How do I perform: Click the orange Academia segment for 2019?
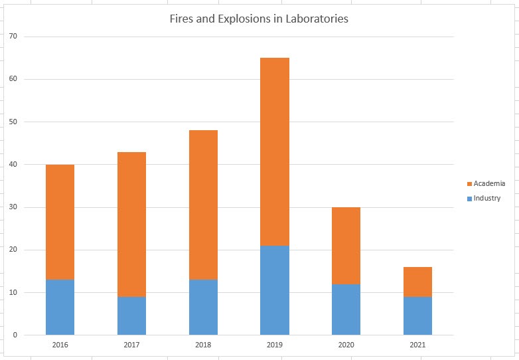click(275, 151)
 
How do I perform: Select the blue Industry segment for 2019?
click(275, 290)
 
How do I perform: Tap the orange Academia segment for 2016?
click(60, 222)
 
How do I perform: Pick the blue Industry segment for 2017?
click(131, 315)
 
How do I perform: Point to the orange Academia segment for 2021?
click(417, 282)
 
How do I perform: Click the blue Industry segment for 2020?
click(346, 310)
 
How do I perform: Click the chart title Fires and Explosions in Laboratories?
click(259, 19)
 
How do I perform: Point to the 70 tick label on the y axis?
click(13, 37)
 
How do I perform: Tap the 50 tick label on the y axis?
click(13, 122)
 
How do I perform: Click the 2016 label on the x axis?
click(60, 345)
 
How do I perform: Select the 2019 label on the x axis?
click(275, 345)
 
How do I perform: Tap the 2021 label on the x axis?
click(417, 345)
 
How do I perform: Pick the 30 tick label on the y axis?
click(13, 207)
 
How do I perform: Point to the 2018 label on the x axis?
click(203, 345)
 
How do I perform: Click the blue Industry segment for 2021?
click(417, 316)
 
